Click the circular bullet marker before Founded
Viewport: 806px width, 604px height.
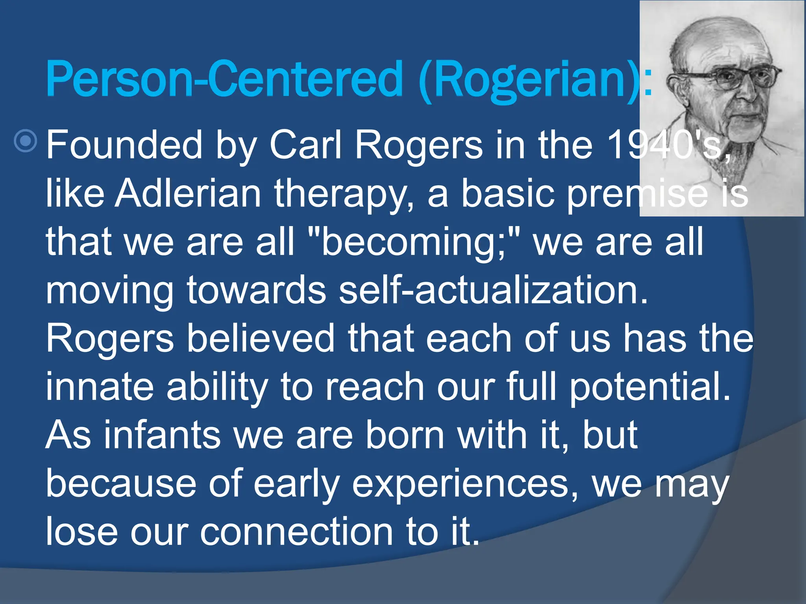pyautogui.click(x=26, y=141)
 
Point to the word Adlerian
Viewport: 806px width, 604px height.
pyautogui.click(x=188, y=193)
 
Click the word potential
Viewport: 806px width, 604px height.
pyautogui.click(x=650, y=387)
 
